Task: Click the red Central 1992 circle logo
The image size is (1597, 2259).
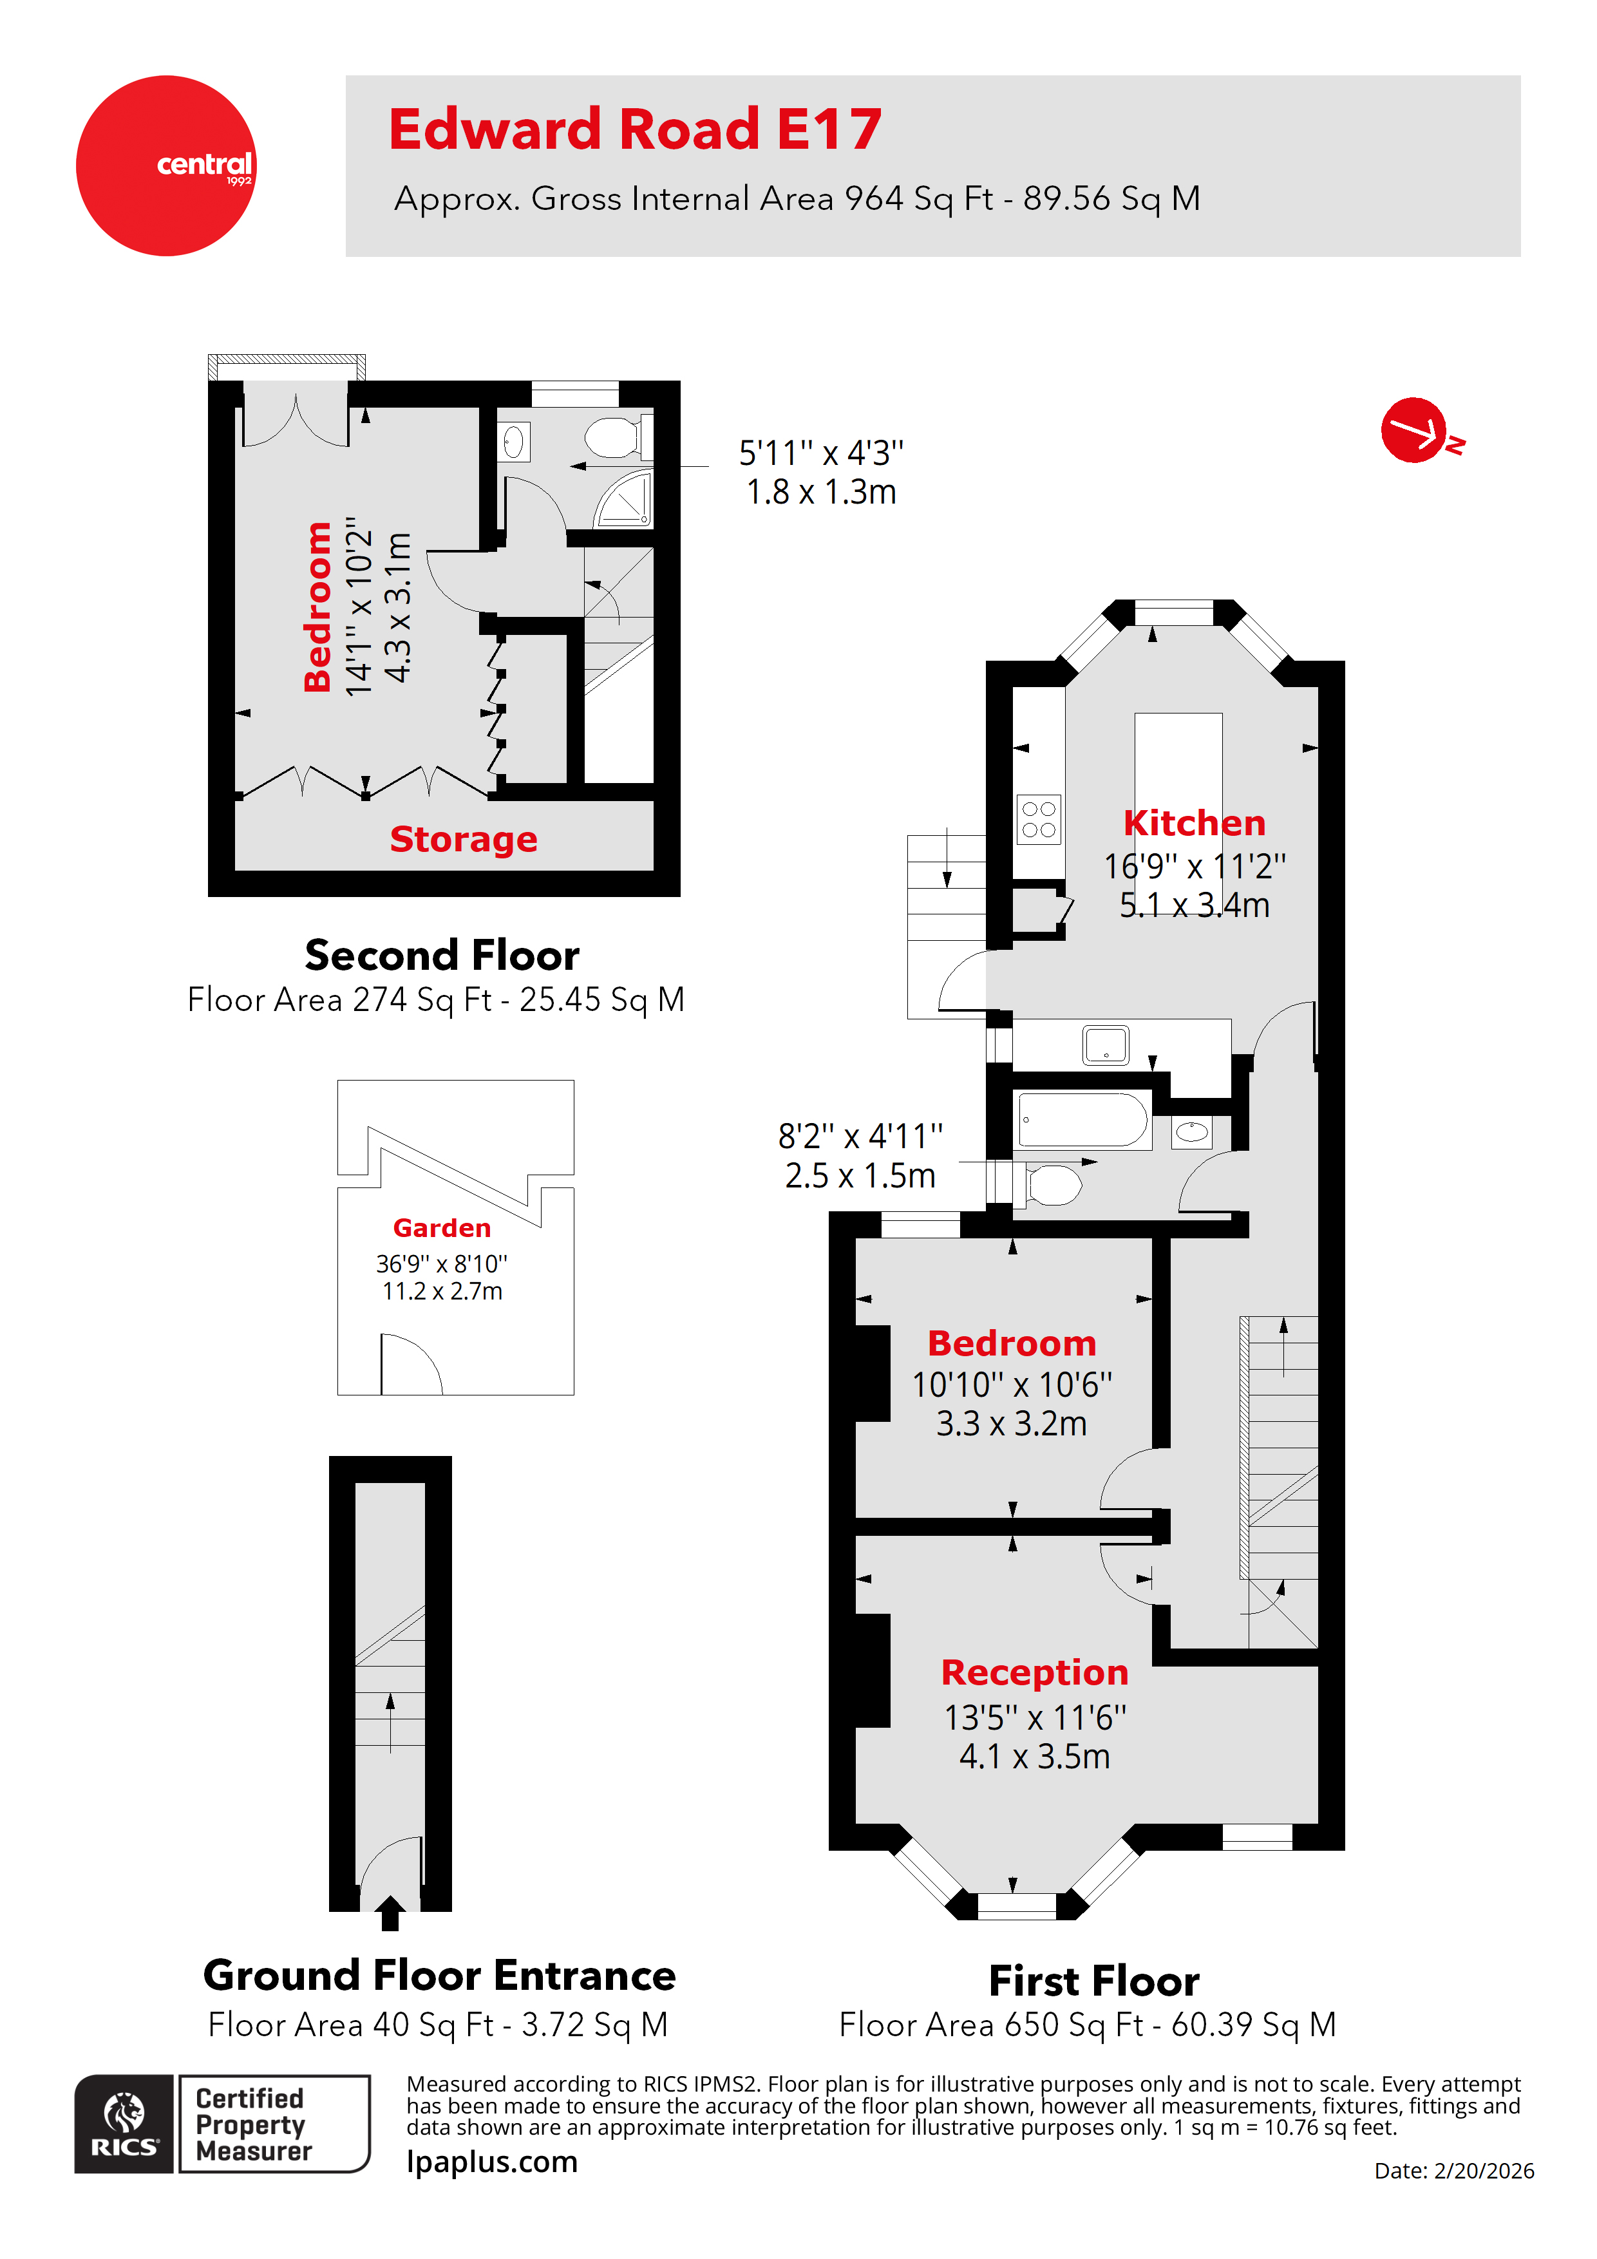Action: pyautogui.click(x=165, y=165)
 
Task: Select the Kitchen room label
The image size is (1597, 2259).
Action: pyautogui.click(x=1194, y=822)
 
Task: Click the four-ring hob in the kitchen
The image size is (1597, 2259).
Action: pyautogui.click(x=1038, y=818)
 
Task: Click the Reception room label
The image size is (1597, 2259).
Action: pyautogui.click(x=1034, y=1672)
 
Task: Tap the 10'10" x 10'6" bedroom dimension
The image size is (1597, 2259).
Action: pyautogui.click(x=1012, y=1385)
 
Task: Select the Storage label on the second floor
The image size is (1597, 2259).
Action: pyautogui.click(x=464, y=839)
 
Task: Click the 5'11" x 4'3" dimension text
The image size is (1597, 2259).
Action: pyautogui.click(x=820, y=453)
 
